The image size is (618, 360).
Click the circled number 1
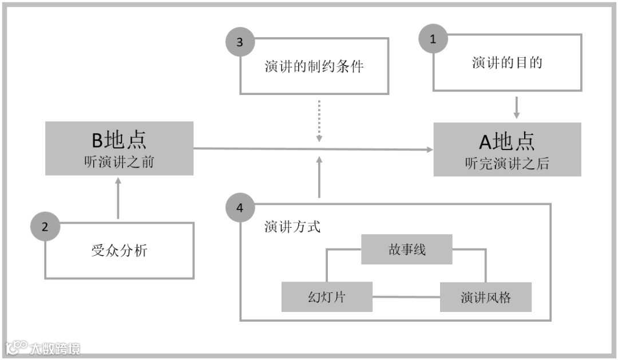click(x=433, y=39)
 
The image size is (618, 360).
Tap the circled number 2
click(x=45, y=226)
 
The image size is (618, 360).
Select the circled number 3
click(x=240, y=42)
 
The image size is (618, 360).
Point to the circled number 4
click(x=240, y=208)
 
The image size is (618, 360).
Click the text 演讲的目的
click(x=507, y=62)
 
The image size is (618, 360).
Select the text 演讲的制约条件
click(x=314, y=66)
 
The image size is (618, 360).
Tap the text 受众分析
click(x=119, y=250)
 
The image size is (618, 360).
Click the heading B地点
click(x=119, y=140)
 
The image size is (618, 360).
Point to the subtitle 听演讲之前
click(x=119, y=162)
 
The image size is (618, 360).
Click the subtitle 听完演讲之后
click(x=507, y=164)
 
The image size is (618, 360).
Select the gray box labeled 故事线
click(x=406, y=250)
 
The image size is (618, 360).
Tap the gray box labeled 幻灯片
click(x=327, y=297)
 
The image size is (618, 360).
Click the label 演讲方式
click(x=292, y=226)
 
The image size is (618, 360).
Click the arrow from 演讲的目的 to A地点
click(x=517, y=107)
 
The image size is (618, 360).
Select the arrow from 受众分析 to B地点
click(x=118, y=197)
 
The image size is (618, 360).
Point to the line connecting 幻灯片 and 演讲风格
click(x=406, y=296)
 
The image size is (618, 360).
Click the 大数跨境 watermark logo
click(x=43, y=348)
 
